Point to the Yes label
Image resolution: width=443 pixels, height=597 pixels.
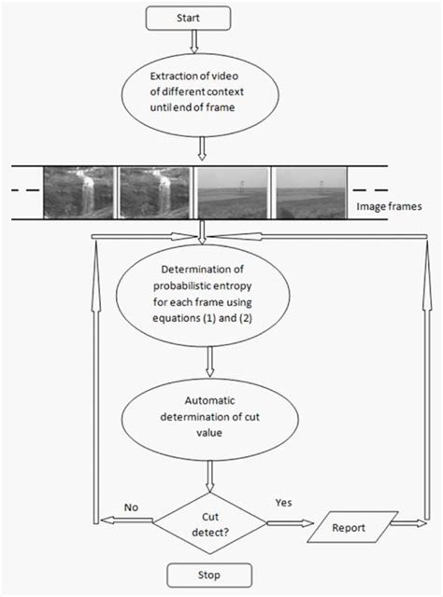tap(282, 501)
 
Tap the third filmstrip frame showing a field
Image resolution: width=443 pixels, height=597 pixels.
tap(231, 192)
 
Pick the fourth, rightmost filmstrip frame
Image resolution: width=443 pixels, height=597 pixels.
tap(308, 192)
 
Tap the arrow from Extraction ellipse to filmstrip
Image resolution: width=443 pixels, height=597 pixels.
tap(203, 148)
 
